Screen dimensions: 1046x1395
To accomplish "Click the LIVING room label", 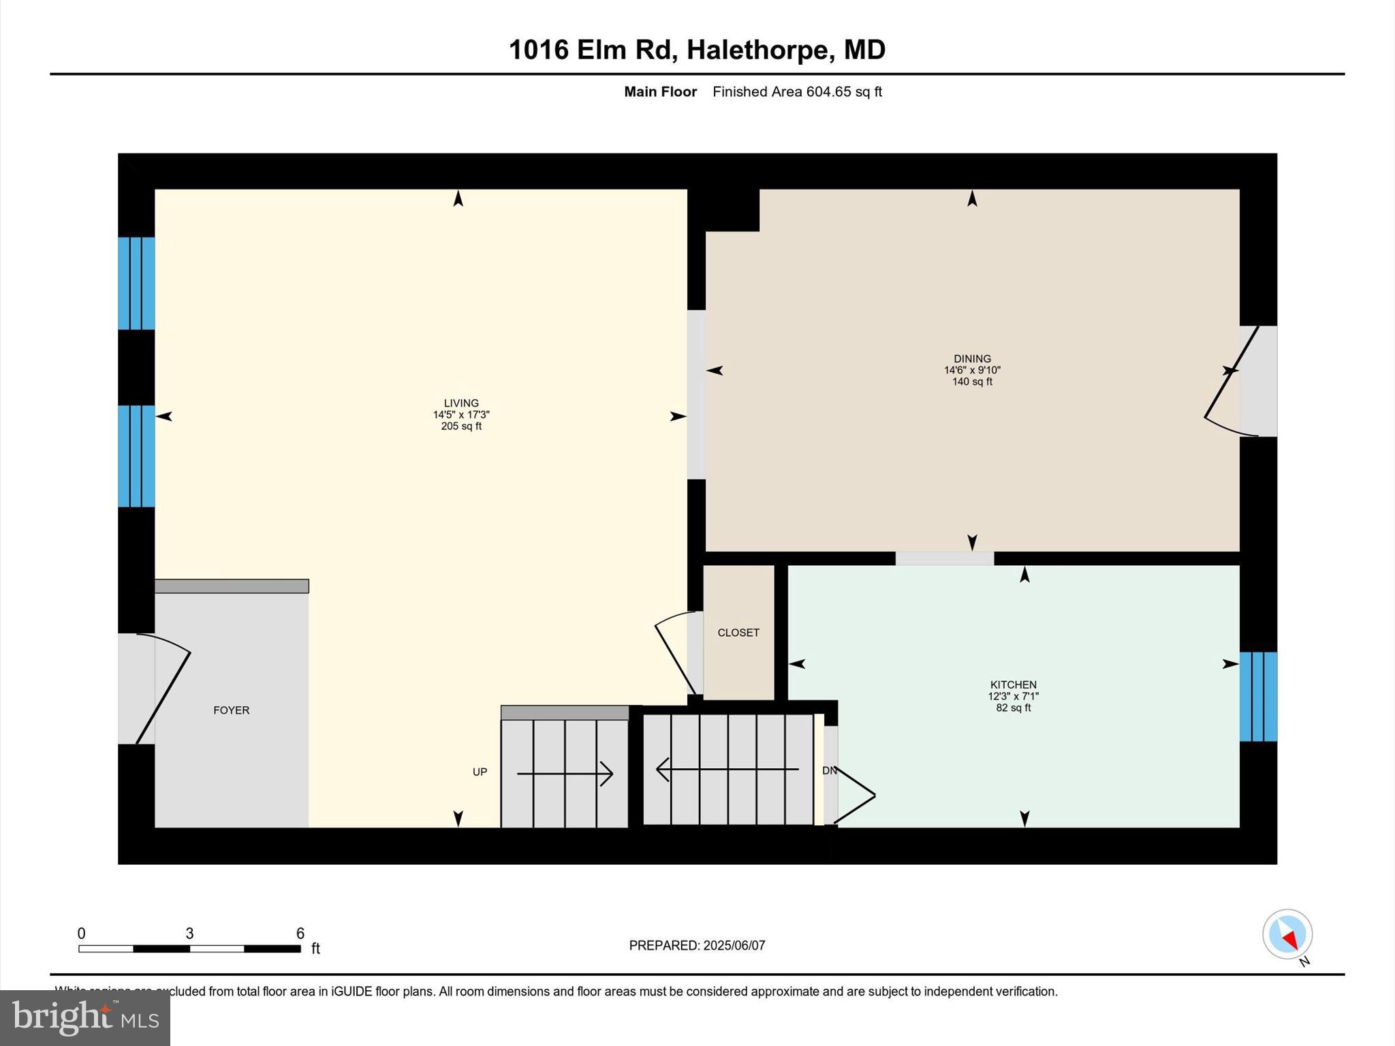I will (461, 403).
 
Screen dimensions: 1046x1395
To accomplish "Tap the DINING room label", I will (972, 359).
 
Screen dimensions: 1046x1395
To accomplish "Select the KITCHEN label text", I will (1013, 685).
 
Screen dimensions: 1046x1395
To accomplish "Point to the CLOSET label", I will (738, 633).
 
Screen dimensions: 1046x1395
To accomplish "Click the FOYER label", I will (232, 710).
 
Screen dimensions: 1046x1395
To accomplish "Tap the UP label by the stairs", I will (480, 772).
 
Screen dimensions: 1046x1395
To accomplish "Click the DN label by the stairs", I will (830, 771).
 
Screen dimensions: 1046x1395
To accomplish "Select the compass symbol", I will (1287, 935).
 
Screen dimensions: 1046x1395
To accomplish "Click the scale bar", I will (189, 949).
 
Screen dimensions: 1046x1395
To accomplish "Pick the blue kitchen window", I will (1258, 697).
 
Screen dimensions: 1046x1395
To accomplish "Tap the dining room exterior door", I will (1240, 381).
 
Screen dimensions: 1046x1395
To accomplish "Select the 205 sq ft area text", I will (461, 427).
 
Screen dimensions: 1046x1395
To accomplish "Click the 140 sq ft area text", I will (972, 382).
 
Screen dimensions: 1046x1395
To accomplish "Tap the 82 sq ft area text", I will (1013, 708).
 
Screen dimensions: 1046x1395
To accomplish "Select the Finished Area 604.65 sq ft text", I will (797, 92).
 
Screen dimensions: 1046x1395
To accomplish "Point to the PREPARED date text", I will (697, 946).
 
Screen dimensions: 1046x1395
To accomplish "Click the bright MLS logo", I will (85, 1018).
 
